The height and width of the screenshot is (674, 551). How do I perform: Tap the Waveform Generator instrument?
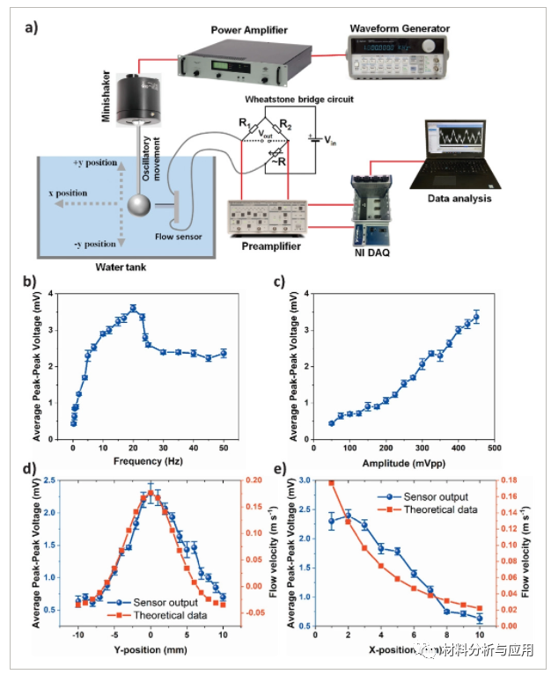click(394, 60)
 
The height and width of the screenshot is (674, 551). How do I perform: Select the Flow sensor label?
click(180, 237)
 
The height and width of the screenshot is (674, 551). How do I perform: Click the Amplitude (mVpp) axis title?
click(395, 460)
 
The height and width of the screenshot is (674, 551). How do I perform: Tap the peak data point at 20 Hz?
click(133, 308)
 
